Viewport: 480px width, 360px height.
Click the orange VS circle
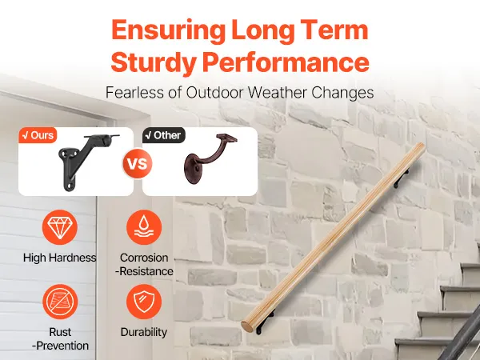(138, 163)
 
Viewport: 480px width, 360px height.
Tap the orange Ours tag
(38, 135)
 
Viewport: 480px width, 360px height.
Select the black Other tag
(164, 135)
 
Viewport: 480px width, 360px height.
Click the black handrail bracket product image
(88, 162)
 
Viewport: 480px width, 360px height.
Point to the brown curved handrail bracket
(210, 160)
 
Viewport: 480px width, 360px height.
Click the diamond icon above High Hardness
(60, 227)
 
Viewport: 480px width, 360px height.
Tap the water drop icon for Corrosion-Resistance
(144, 227)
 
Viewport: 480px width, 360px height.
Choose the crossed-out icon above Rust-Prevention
(60, 302)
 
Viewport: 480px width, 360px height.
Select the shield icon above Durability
(144, 302)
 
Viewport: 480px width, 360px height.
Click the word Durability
(144, 332)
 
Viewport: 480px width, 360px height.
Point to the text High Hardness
(60, 258)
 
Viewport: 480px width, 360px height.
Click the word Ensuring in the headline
(168, 30)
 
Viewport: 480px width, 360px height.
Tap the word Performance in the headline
(286, 62)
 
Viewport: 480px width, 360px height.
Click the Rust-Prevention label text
(60, 339)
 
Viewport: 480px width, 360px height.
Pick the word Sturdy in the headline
(154, 62)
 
